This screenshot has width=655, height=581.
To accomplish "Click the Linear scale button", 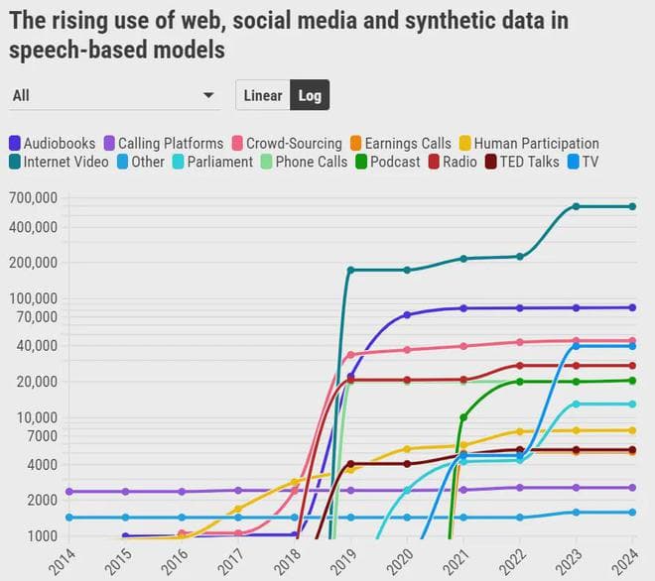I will pos(263,95).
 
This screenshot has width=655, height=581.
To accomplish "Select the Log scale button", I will pos(310,95).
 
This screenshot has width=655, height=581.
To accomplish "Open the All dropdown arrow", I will pos(208,95).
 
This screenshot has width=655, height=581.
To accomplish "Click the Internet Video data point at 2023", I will pos(576,206).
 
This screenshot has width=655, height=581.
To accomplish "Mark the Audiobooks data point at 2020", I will pos(407,315).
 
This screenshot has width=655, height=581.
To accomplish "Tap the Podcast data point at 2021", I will pos(463,417).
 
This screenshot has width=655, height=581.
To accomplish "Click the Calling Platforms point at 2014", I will pos(68,492).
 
